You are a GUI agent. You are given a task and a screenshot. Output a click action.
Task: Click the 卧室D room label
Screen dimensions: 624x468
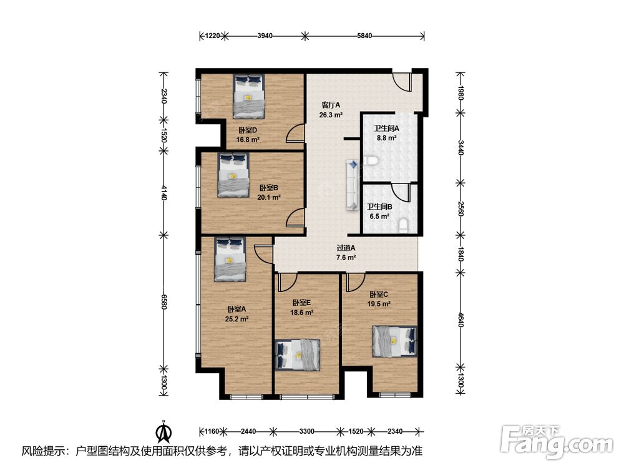248,130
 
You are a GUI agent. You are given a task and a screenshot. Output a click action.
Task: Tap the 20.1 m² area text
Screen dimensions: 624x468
269,197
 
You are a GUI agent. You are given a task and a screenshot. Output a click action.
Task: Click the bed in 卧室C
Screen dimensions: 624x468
395,341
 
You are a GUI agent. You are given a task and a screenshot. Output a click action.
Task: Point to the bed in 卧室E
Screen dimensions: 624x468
298,354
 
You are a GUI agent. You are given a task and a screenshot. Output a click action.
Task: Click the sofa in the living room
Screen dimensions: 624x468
352,185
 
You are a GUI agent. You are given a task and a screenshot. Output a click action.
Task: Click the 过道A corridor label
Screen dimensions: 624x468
346,248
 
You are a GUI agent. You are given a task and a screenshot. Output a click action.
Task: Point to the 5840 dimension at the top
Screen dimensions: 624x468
364,36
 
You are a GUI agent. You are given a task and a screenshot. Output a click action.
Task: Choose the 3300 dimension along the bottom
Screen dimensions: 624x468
306,431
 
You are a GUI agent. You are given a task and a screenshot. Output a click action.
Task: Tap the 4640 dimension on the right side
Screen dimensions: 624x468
461,319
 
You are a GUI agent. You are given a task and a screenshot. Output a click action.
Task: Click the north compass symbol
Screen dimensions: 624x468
163,432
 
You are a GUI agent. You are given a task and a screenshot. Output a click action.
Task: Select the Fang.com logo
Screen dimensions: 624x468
557,441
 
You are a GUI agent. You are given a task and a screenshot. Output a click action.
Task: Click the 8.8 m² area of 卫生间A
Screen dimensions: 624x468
386,139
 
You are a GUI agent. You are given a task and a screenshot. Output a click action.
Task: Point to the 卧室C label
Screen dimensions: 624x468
379,295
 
